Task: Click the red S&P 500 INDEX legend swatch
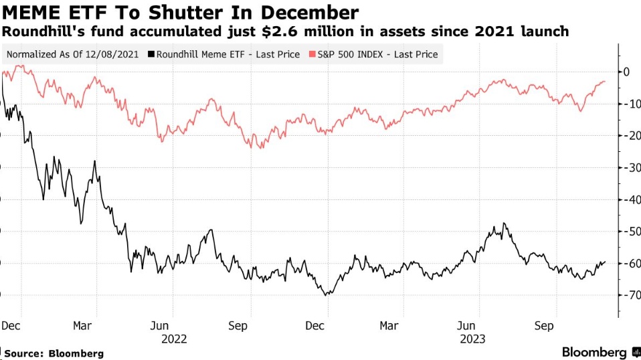pos(312,54)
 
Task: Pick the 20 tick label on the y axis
pos(629,135)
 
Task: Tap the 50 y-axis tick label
pos(629,232)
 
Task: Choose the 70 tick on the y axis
pos(629,295)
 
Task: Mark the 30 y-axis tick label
pos(629,167)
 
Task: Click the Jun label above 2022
pos(159,326)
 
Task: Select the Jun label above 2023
pos(466,326)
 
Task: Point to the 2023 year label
pos(473,339)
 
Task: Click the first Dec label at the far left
pos(10,326)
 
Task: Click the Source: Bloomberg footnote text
pos(54,353)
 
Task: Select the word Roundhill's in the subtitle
pos(35,31)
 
